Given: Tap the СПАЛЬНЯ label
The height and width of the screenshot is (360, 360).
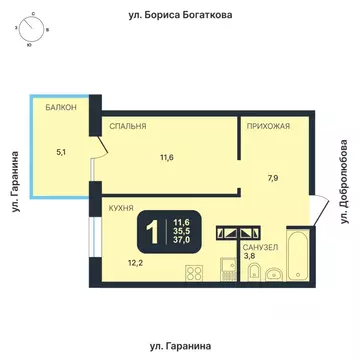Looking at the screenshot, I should click(129, 127).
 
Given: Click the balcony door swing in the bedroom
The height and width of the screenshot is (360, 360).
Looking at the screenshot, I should click(102, 152).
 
